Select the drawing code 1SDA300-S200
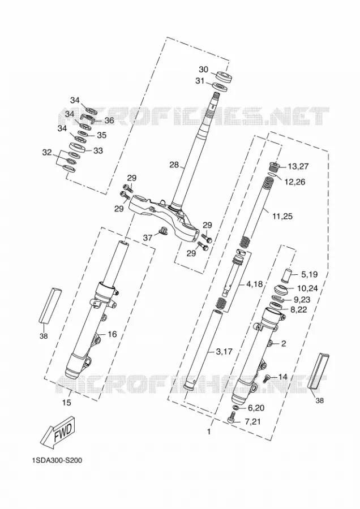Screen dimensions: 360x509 [57, 460]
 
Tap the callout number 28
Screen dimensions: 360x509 [174, 165]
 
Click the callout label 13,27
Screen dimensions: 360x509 [298, 166]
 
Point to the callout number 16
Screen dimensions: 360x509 [112, 334]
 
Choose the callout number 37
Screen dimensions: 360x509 [148, 238]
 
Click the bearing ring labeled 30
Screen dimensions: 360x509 [224, 76]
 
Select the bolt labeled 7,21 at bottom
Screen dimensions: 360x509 [232, 417]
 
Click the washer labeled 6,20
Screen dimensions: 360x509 [237, 407]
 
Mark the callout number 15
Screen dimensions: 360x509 [66, 403]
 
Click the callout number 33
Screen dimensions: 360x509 [98, 150]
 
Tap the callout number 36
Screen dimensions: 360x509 [109, 120]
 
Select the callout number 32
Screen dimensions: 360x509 [47, 152]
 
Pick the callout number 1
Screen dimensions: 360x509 [209, 432]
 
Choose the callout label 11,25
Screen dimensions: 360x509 [282, 216]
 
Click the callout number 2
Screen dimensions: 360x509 [284, 343]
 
